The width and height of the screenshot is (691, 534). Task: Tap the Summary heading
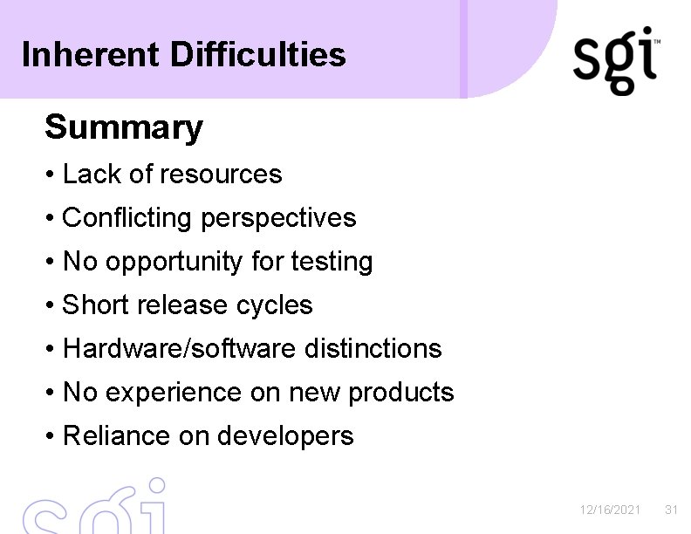(x=124, y=127)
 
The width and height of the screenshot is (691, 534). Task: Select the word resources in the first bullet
(x=221, y=175)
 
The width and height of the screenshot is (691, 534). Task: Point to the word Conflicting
(x=128, y=217)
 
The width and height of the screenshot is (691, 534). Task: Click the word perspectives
(x=279, y=218)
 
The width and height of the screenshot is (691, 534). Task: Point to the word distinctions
(x=373, y=348)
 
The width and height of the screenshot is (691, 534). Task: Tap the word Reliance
(x=117, y=435)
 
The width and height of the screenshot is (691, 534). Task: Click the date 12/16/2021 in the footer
(x=611, y=510)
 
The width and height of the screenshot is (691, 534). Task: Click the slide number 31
(x=671, y=510)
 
